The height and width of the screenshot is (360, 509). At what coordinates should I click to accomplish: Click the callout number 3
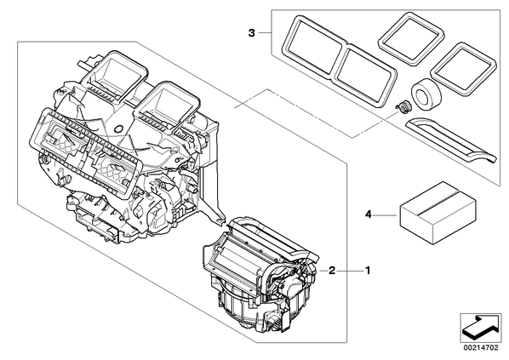tap(252, 33)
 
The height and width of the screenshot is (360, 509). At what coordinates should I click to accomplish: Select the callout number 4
tap(368, 214)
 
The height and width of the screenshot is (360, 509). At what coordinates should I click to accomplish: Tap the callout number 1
tap(368, 271)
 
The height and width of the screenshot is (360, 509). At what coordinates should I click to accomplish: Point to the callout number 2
tap(332, 271)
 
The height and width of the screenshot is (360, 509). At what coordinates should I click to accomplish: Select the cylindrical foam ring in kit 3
tap(426, 94)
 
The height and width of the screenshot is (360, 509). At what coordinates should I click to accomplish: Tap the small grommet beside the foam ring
tap(403, 106)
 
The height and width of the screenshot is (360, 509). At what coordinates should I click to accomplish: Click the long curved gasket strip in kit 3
tap(451, 140)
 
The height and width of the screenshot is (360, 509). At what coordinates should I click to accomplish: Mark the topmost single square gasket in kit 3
tap(410, 37)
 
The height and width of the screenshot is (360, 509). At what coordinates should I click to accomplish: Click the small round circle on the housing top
tap(119, 129)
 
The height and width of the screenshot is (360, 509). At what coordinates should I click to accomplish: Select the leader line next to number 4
tap(386, 215)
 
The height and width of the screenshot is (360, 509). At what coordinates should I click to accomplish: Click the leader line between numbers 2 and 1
tap(350, 271)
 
